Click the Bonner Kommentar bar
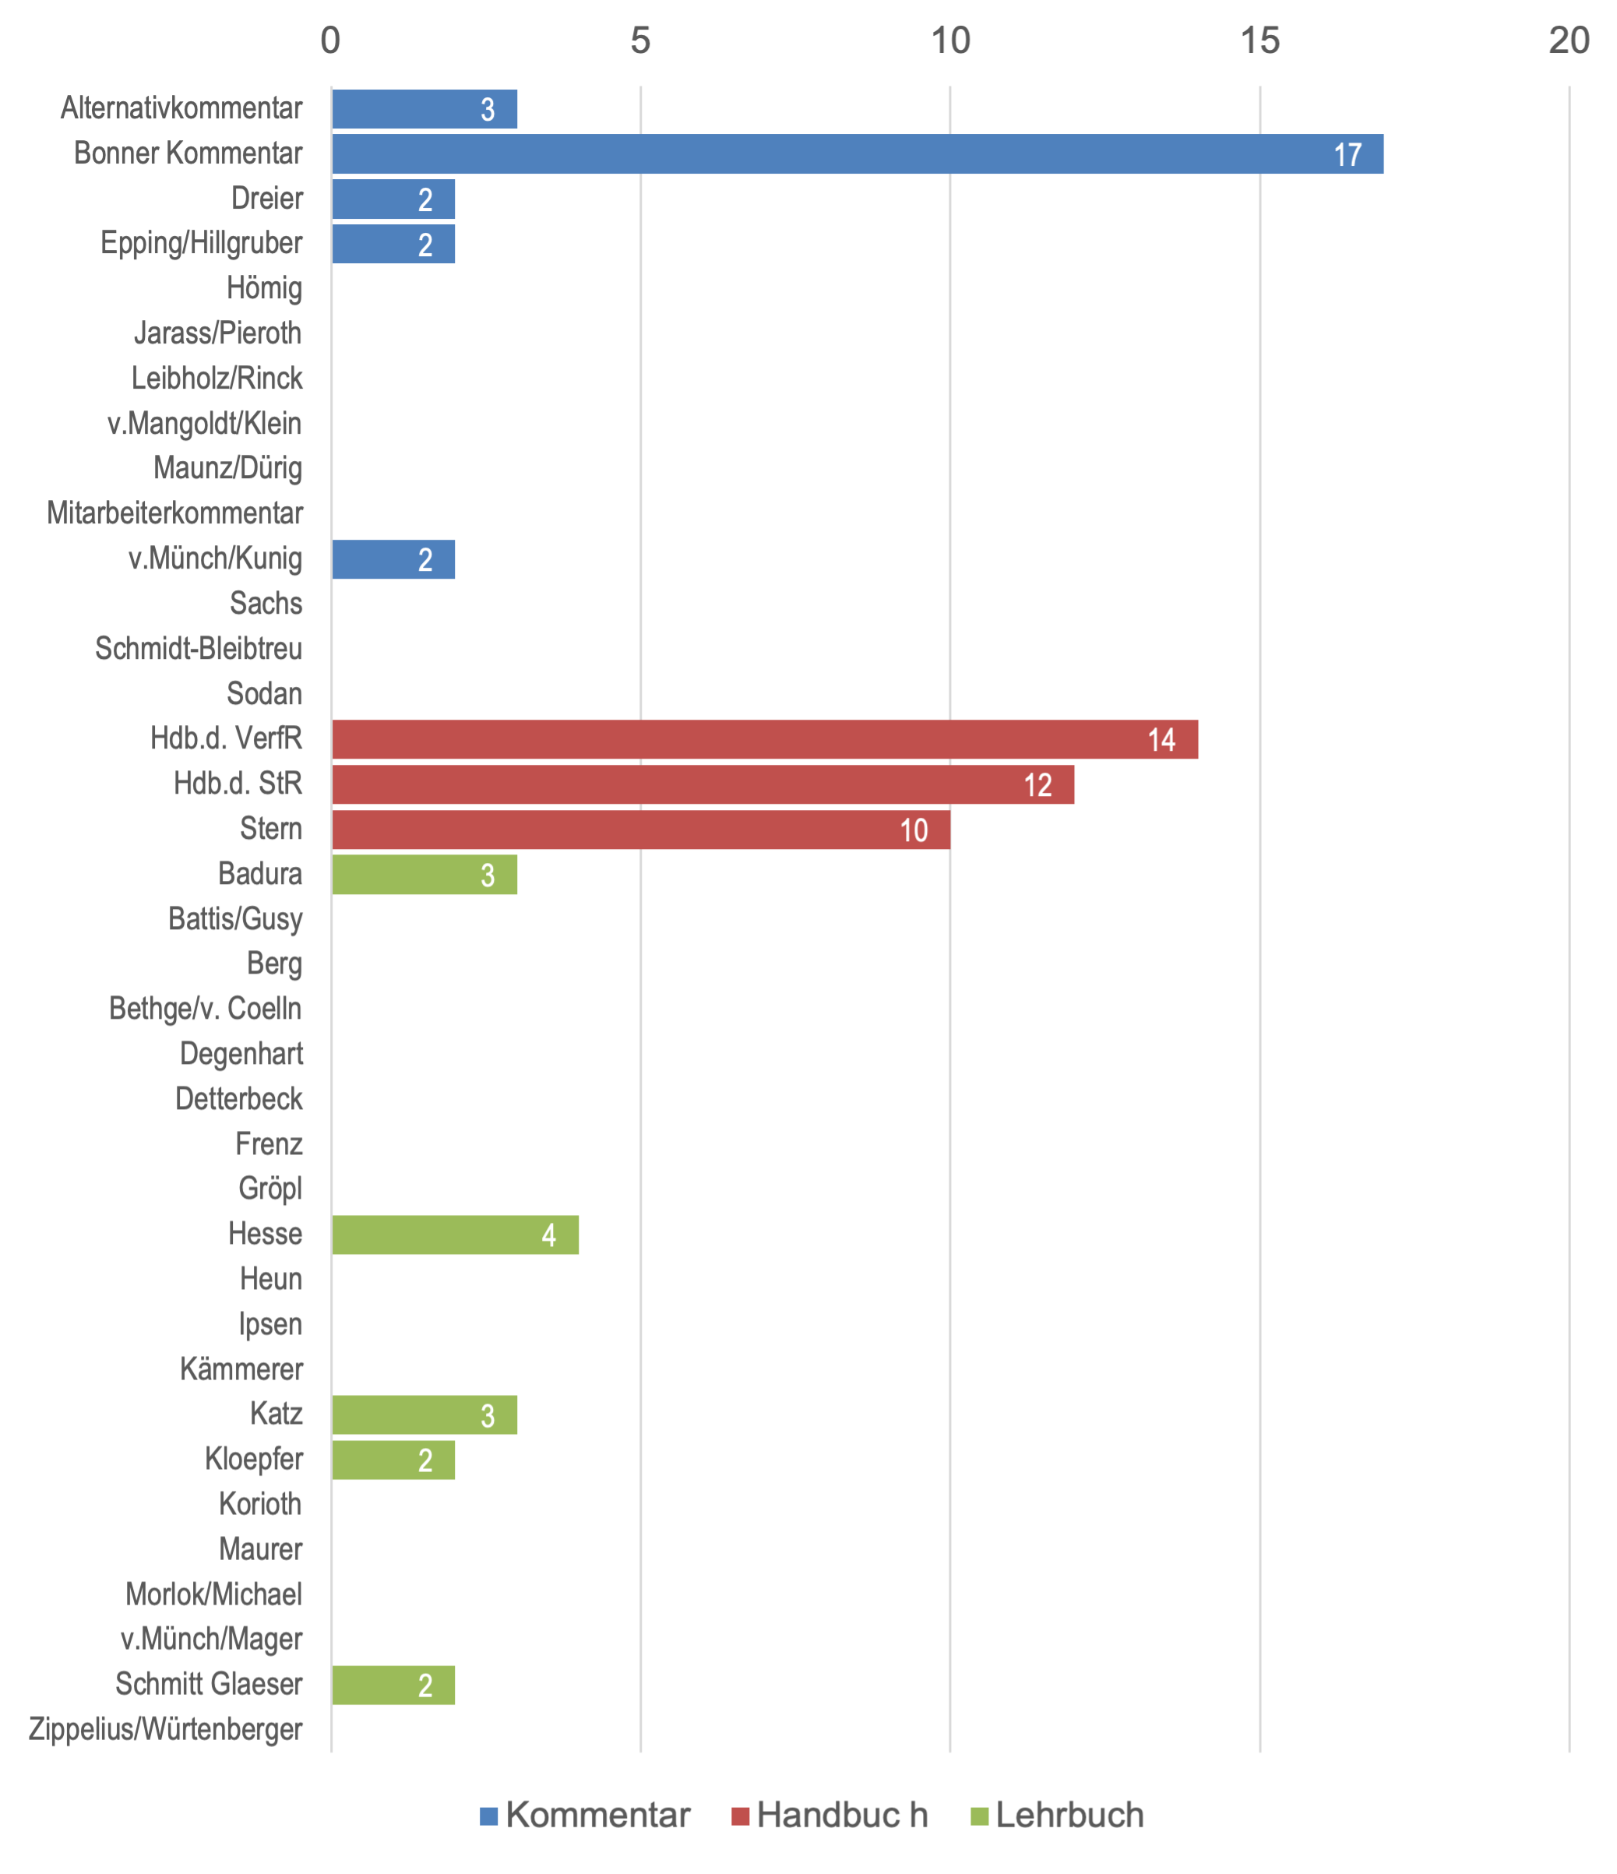[x=857, y=153]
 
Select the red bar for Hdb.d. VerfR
[x=764, y=739]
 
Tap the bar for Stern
[x=640, y=830]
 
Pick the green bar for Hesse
[x=455, y=1235]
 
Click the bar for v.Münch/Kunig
[x=393, y=559]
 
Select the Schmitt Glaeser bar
[x=393, y=1685]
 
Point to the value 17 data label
[x=1347, y=155]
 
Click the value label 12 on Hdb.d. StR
[x=1037, y=785]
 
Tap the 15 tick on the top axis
[x=1259, y=41]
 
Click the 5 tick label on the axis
[x=640, y=41]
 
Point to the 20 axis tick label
[x=1569, y=41]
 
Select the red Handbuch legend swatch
[x=741, y=1816]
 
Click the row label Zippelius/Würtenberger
[x=165, y=1729]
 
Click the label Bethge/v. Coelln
[x=206, y=1009]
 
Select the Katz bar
[x=425, y=1414]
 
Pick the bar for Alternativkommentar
[x=425, y=108]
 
